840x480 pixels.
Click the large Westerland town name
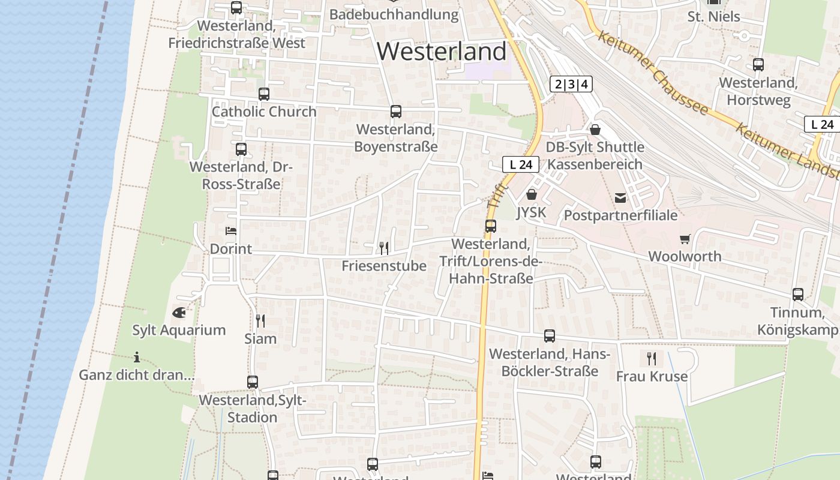pyautogui.click(x=442, y=52)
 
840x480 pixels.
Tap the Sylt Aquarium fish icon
pyautogui.click(x=179, y=313)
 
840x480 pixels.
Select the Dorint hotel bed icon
pyautogui.click(x=231, y=231)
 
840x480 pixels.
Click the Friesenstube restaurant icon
pyautogui.click(x=384, y=248)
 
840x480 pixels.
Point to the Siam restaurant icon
pyautogui.click(x=260, y=321)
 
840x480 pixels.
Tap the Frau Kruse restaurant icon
pyautogui.click(x=652, y=359)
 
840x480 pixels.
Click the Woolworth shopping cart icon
pyautogui.click(x=685, y=239)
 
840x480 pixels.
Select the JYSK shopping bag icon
pyautogui.click(x=531, y=194)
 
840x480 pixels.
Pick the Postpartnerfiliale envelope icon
pyautogui.click(x=620, y=197)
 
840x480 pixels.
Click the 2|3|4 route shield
pyautogui.click(x=571, y=84)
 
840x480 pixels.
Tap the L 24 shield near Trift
pyautogui.click(x=521, y=164)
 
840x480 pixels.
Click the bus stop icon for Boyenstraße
pyautogui.click(x=395, y=112)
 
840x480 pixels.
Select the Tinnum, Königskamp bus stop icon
pyautogui.click(x=797, y=295)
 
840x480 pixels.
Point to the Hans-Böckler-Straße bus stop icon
pyautogui.click(x=549, y=336)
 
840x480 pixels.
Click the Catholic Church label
pyautogui.click(x=264, y=112)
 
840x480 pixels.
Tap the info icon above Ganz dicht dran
pyautogui.click(x=137, y=358)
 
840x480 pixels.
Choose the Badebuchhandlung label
pyautogui.click(x=394, y=14)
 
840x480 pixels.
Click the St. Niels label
pyautogui.click(x=713, y=17)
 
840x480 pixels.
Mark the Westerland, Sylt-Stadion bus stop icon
pyautogui.click(x=253, y=382)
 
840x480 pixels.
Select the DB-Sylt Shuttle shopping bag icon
pyautogui.click(x=595, y=130)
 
